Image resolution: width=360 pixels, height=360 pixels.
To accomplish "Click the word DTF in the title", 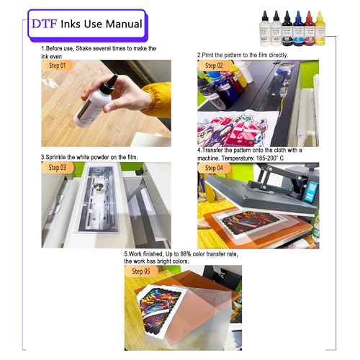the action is [x=44, y=24].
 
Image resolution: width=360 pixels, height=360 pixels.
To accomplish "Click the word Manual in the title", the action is [x=124, y=24].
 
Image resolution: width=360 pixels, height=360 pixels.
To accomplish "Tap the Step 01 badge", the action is [x=57, y=66].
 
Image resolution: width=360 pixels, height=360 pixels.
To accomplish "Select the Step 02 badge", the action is [x=214, y=66].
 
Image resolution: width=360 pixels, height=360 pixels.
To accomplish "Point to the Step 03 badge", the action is [x=57, y=168].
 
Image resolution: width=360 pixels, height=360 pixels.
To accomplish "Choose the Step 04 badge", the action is [x=214, y=168].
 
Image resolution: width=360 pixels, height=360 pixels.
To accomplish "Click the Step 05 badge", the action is [x=141, y=271].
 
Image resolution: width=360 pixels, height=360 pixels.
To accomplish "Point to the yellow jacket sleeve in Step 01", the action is [x=156, y=99].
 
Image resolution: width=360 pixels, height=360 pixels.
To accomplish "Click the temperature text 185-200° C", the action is [x=270, y=158].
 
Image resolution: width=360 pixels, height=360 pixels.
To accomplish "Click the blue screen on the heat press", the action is [x=310, y=192].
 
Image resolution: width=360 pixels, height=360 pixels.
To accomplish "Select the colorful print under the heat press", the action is [x=251, y=221].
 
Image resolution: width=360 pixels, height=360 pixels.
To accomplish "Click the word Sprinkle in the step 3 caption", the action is [x=56, y=158].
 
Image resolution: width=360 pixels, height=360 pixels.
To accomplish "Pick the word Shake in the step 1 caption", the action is [x=84, y=48].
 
